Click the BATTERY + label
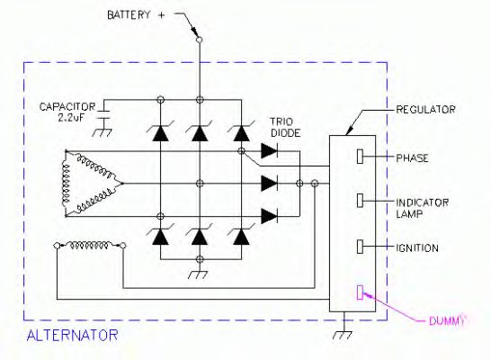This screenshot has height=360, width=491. coord(138,16)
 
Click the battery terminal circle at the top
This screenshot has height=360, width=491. coord(199,40)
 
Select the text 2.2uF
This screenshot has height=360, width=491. coord(60,117)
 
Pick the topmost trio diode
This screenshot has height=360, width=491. coord(268,151)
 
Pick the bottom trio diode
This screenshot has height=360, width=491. coord(268,214)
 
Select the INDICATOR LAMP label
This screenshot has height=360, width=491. coord(421,207)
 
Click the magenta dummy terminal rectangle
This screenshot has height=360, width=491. coord(361,291)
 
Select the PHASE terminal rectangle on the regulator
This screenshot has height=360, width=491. coord(361,157)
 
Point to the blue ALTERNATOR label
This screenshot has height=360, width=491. coord(73,336)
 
